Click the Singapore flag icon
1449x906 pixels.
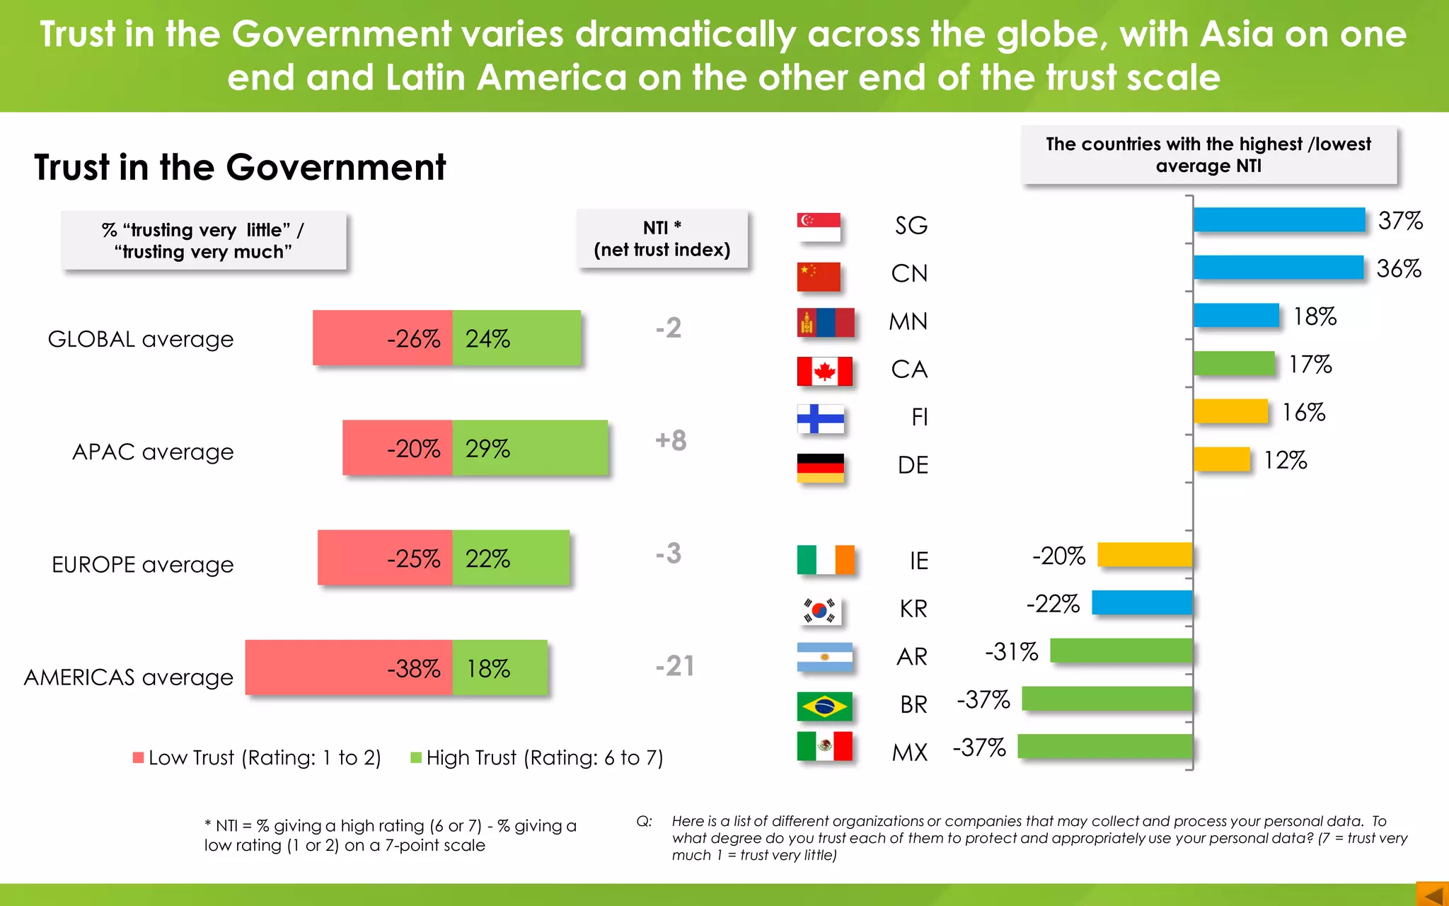pos(819,226)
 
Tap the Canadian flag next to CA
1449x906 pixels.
pos(824,371)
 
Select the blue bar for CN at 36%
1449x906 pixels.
pos(1278,268)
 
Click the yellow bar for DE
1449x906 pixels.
pos(1221,459)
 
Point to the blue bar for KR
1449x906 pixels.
pos(1142,603)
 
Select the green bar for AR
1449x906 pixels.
pos(1121,650)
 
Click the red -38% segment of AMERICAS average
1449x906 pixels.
pos(348,667)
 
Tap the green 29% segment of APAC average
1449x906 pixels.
pos(530,448)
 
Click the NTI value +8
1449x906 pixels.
pos(670,440)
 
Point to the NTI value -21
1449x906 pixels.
pos(674,666)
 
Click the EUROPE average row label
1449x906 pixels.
pos(142,565)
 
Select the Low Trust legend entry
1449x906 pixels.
pos(258,758)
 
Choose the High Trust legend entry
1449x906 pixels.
pos(538,758)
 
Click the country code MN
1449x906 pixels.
pos(908,322)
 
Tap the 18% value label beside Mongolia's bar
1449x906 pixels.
pos(1315,316)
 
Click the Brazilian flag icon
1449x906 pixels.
pos(824,706)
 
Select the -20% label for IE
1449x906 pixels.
pos(1058,556)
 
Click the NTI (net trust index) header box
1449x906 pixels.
pos(662,239)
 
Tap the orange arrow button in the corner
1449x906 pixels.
pos(1432,894)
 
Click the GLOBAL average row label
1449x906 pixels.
pos(140,339)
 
